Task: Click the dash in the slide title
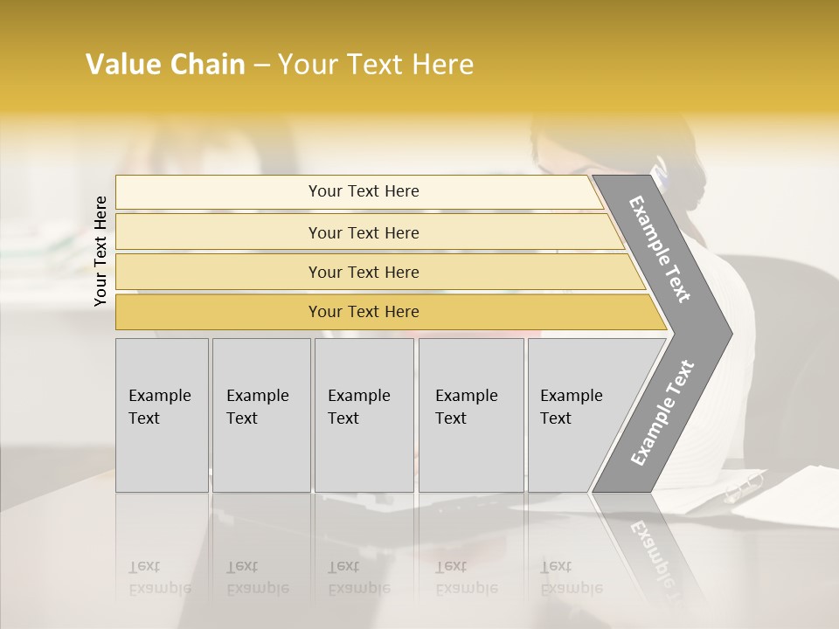pos(261,66)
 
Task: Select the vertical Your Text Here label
pos(101,251)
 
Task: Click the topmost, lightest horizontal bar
pos(358,191)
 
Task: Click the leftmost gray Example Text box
pos(162,415)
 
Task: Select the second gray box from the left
pos(260,415)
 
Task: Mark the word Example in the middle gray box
pos(358,396)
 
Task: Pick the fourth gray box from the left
pos(470,415)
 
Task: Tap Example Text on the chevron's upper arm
pos(661,249)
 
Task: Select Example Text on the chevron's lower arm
pos(662,412)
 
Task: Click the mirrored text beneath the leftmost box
pos(160,577)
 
